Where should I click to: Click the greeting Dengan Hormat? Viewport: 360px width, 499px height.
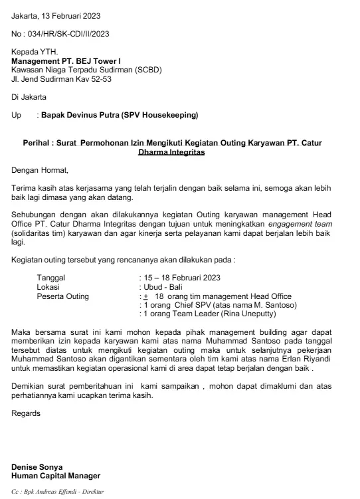coord(41,169)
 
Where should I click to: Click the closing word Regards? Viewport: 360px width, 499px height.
coord(27,413)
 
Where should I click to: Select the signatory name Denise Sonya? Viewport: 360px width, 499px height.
coord(40,467)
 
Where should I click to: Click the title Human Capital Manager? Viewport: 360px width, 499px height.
coord(56,476)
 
